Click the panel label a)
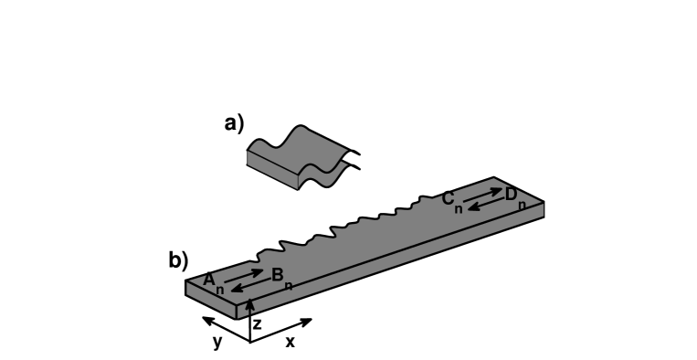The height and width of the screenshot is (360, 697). [235, 123]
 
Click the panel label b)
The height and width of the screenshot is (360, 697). [178, 260]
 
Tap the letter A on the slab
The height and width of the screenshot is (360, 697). [209, 279]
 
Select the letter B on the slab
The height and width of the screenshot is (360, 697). [277, 273]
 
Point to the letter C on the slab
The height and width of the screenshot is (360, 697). [449, 198]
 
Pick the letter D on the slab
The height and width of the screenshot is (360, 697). [511, 194]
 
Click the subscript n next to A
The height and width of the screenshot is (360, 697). [220, 289]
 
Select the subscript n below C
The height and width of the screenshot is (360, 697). [459, 209]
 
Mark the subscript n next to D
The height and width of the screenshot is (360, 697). [522, 205]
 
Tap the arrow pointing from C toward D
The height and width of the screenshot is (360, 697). [482, 195]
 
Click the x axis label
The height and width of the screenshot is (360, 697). [290, 342]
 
